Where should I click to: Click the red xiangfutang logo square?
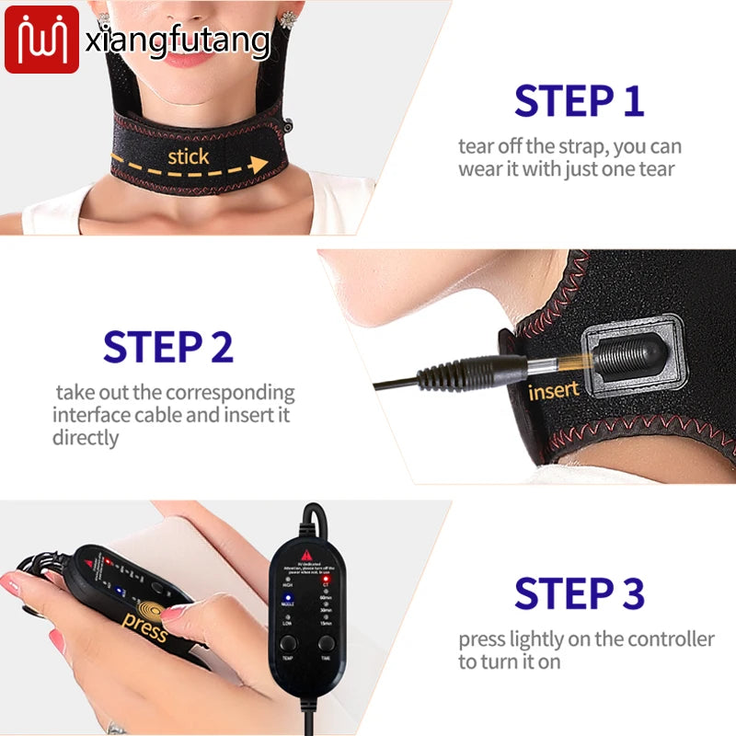coord(41,40)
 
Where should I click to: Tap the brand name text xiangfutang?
coord(178,40)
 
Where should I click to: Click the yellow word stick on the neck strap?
coord(188,156)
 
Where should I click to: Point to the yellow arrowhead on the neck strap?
coord(259,164)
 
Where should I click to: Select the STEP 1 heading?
coord(579,101)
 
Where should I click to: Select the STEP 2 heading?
coord(168,347)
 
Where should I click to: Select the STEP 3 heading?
coord(579,593)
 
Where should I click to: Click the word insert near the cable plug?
coord(554,390)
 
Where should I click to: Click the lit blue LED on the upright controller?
coord(287,597)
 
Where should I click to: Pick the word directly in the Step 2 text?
coord(86,438)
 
